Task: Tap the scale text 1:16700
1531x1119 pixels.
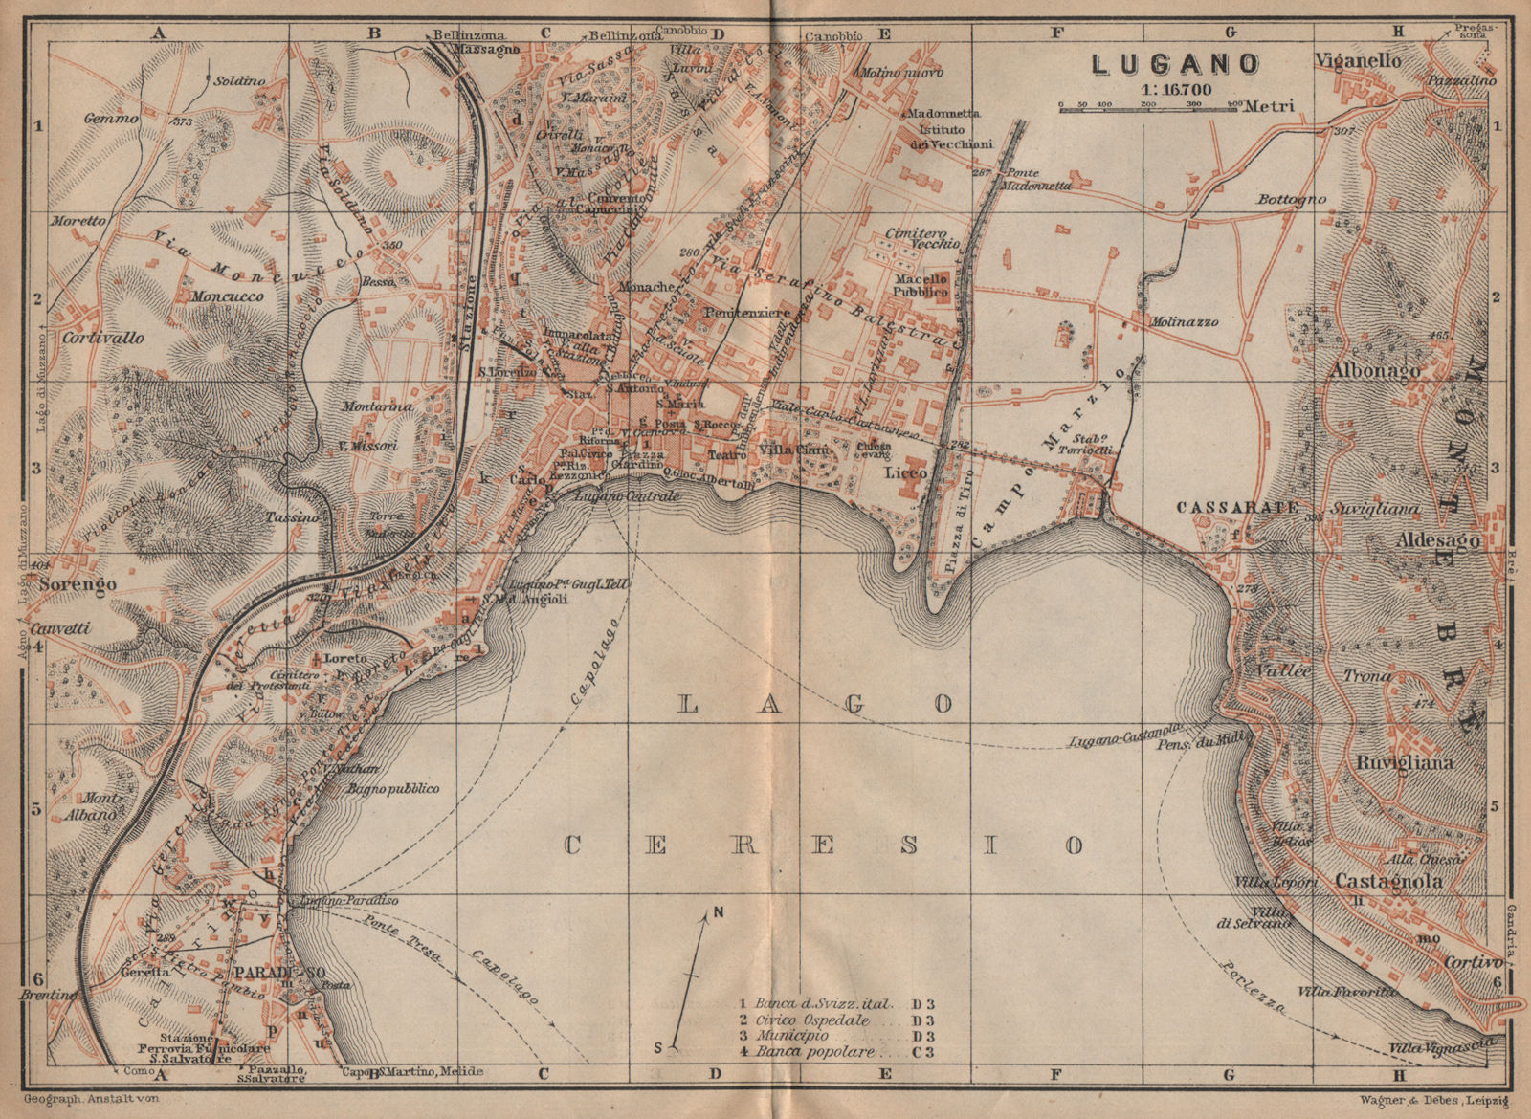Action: tap(1175, 89)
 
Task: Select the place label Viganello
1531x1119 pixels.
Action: tap(1359, 61)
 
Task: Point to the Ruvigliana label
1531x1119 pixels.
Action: tap(1406, 762)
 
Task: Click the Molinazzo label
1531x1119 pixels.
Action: tap(1186, 322)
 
